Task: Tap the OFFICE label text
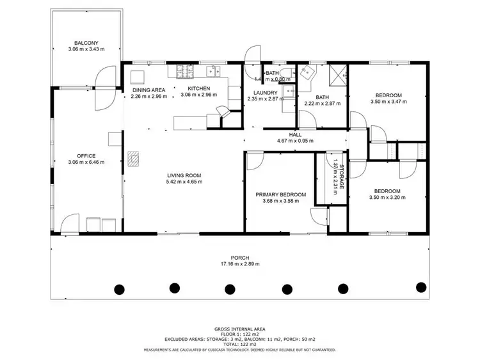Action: tap(86, 155)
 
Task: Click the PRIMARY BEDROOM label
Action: tap(280, 194)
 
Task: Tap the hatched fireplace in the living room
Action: tap(133, 158)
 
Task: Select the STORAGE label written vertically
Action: tap(342, 176)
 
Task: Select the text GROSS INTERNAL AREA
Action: tap(239, 327)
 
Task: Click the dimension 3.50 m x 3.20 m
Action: tap(387, 198)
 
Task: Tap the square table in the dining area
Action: tap(137, 77)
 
